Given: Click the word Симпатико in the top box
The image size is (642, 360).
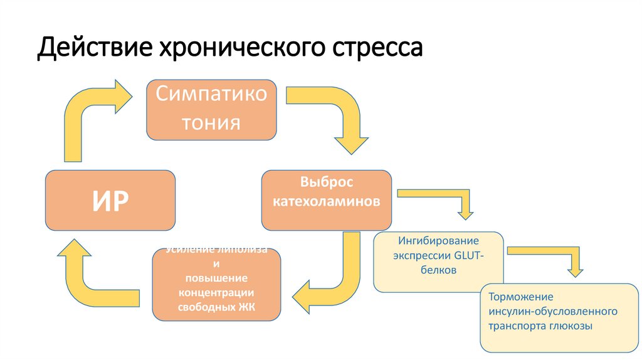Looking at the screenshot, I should coord(211,95).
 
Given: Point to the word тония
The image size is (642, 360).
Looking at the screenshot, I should coord(211,122).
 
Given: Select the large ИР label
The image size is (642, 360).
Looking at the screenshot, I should coord(110,200).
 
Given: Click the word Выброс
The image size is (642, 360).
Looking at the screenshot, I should coord(327,183).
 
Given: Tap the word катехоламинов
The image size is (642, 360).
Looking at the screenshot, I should coord(327,202).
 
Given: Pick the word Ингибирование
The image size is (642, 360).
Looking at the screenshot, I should coord(439,240).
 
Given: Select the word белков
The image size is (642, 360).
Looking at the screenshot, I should coord(439,270).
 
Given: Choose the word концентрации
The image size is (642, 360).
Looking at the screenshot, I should coord(216,292).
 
